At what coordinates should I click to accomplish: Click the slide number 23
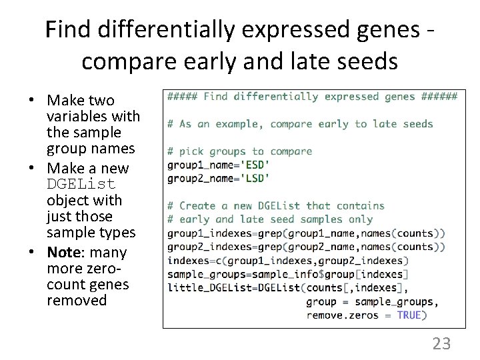441,343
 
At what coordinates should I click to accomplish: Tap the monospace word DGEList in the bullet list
81,184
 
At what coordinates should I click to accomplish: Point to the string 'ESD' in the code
257,165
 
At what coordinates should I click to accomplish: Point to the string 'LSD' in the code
257,178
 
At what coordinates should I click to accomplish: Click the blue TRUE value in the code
409,315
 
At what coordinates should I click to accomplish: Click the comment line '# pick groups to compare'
239,151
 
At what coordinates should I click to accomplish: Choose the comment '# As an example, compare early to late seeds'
300,123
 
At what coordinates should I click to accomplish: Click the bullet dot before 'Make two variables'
31,101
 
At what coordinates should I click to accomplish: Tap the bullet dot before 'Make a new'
31,168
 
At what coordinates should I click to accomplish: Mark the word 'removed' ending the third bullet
77,300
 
